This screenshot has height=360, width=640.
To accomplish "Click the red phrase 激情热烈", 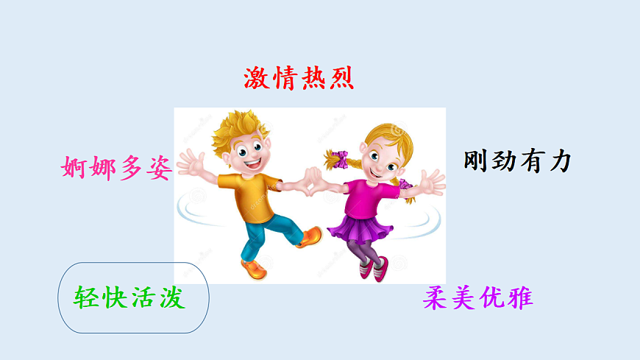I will point(299,78).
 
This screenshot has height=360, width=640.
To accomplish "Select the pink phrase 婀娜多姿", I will point(116,169).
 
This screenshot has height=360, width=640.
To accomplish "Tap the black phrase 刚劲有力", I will point(517,161).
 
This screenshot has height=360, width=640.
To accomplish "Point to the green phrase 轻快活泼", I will point(129,297).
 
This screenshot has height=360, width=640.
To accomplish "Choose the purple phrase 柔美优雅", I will point(477,298).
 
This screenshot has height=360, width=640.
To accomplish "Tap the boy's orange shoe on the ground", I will point(254,269).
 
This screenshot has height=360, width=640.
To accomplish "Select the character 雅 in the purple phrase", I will point(519,298).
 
